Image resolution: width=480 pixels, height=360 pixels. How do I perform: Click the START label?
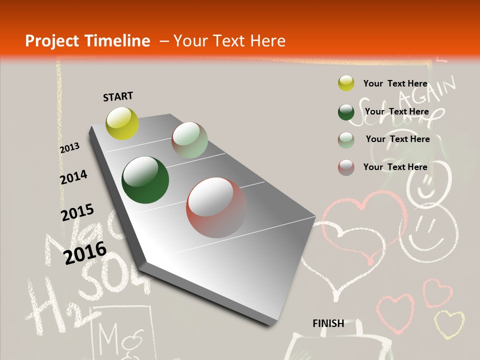(118, 96)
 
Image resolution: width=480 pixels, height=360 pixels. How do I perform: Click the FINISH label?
(328, 323)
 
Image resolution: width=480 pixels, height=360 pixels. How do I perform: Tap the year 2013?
(69, 148)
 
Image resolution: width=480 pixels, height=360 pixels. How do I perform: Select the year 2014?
(73, 177)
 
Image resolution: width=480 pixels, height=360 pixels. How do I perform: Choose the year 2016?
(85, 252)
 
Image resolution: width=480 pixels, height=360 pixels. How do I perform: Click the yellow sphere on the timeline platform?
(122, 123)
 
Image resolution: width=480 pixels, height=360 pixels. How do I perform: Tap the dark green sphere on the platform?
(145, 180)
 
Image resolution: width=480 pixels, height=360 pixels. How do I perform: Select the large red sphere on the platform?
(216, 207)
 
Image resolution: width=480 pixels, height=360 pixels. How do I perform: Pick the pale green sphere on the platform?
(189, 140)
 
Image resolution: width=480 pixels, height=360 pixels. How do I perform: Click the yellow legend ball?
(346, 83)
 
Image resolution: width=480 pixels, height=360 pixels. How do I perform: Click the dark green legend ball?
(346, 112)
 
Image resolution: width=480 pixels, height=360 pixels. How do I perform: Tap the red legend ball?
(346, 167)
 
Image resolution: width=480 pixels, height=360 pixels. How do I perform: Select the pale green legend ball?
(346, 139)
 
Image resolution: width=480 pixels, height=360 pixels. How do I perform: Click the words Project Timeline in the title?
(87, 41)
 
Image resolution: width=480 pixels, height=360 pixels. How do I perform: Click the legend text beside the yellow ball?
(395, 83)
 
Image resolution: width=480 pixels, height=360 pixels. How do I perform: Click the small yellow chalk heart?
(448, 323)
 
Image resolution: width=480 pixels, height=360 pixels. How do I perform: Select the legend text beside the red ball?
(395, 167)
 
